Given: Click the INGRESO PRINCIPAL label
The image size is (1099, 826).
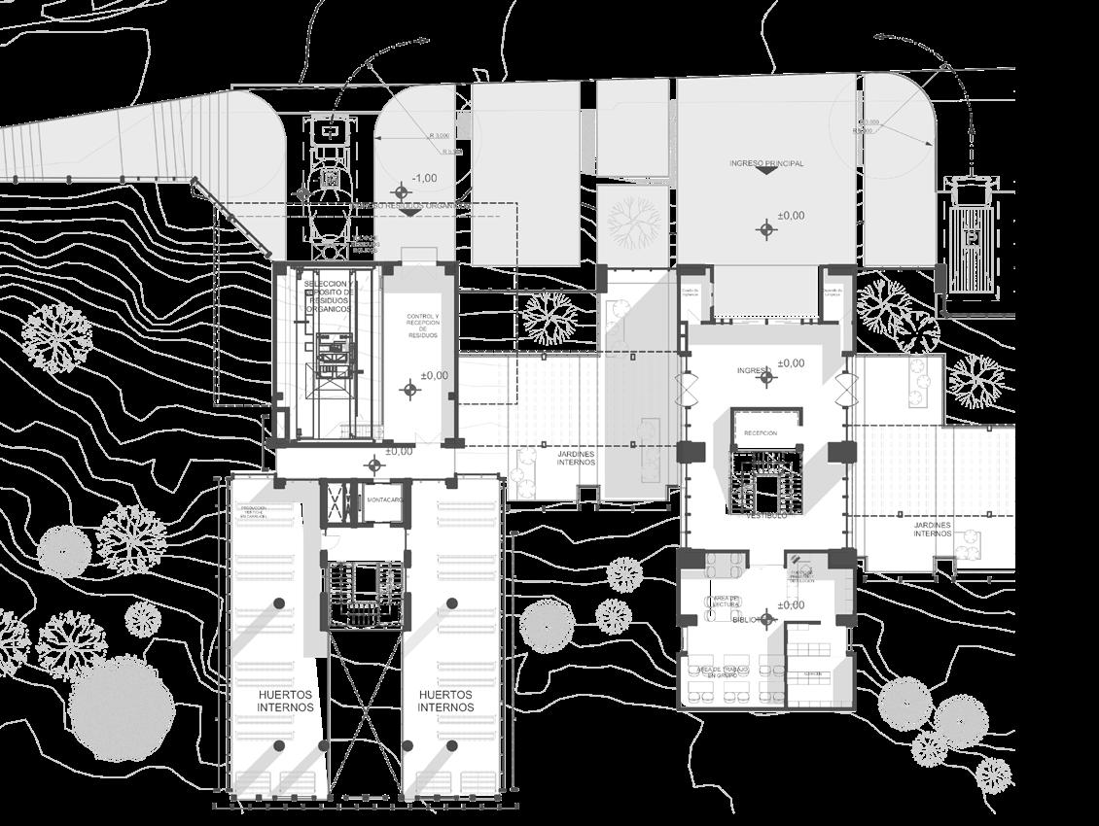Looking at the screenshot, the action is tap(766, 163).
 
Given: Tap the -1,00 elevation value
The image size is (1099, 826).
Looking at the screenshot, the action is tap(423, 178).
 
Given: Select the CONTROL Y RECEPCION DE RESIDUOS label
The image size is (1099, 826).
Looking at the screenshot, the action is tap(423, 326).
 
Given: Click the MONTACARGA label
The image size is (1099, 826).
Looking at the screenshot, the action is tap(386, 500).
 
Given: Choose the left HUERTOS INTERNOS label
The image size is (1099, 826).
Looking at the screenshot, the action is tap(286, 701).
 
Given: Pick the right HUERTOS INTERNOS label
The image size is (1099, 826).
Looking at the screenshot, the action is tap(445, 701).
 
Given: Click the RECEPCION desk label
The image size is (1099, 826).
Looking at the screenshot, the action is tap(762, 432).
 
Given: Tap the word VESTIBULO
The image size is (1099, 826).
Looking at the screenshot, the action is tap(766, 516).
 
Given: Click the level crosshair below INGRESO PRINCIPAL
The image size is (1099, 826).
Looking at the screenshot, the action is tap(767, 229).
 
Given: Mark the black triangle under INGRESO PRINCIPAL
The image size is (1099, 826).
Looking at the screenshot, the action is tap(766, 172).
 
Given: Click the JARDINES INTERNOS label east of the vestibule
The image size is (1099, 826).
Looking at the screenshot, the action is tap(932, 529).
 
